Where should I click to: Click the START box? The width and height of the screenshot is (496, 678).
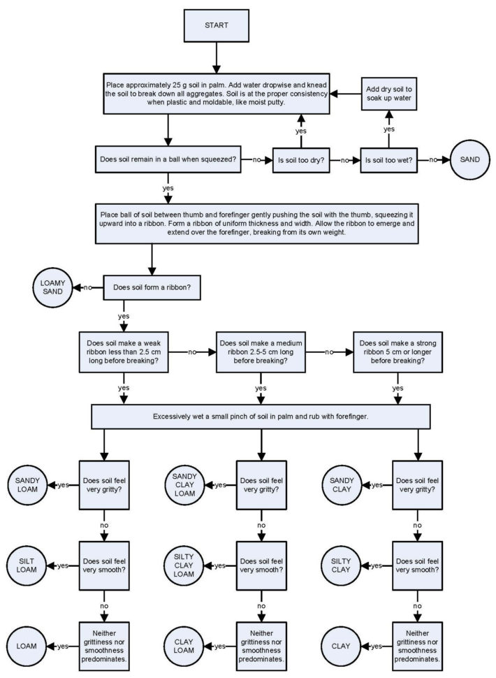pos(216,25)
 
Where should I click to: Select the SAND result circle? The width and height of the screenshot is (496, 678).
pos(470,159)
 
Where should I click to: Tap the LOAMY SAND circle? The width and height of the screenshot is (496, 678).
pos(52,287)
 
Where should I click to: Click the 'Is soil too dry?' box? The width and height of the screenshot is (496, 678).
pos(301,160)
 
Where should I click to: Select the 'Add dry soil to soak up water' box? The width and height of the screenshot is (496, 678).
pos(389,94)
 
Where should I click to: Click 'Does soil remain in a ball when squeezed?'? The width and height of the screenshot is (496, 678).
pos(168,160)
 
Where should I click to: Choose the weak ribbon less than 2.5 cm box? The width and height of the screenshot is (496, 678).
pos(124,352)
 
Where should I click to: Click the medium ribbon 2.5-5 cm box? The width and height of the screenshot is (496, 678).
pos(261,352)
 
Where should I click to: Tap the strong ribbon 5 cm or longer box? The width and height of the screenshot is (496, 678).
pos(397,352)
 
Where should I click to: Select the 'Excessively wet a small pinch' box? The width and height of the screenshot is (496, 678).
pos(261,416)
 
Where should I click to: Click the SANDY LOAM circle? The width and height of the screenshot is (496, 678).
pos(27,485)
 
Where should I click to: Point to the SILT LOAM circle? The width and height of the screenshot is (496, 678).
pos(27,565)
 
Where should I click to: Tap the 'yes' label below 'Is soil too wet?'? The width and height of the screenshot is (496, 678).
pos(389,129)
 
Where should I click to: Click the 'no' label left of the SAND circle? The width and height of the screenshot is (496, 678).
pos(433,160)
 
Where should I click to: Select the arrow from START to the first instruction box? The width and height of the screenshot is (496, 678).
pos(216,56)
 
